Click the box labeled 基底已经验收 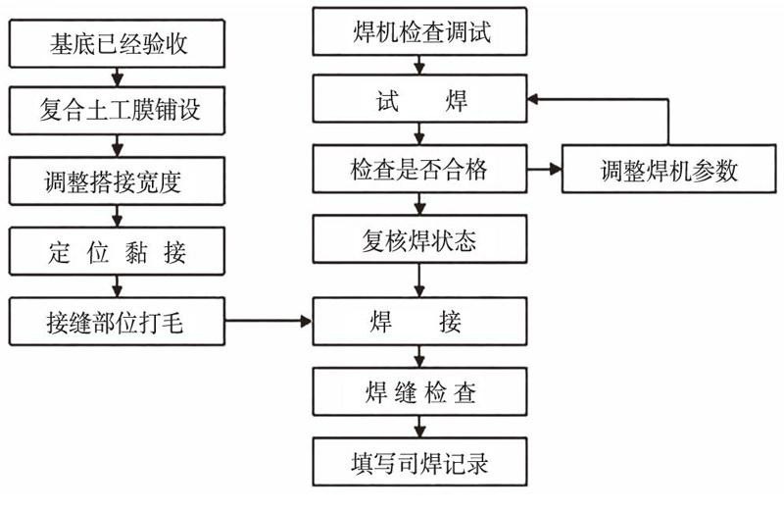[117, 43]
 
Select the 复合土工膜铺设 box [117, 110]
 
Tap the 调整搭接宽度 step [117, 180]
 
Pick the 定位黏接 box [117, 251]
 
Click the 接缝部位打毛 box [117, 322]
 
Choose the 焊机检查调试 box [420, 31]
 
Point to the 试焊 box [420, 99]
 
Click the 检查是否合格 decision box [420, 169]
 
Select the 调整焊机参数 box [669, 169]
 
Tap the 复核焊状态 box [420, 239]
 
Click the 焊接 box [420, 322]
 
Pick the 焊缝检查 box [420, 392]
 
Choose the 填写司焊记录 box [420, 462]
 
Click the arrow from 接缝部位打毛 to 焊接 [269, 322]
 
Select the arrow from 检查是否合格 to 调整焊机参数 [545, 169]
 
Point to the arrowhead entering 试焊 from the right [533, 99]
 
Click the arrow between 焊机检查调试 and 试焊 [419, 65]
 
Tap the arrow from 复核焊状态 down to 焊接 [419, 281]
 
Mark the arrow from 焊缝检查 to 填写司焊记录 [419, 427]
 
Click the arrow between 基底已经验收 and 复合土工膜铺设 [117, 77]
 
